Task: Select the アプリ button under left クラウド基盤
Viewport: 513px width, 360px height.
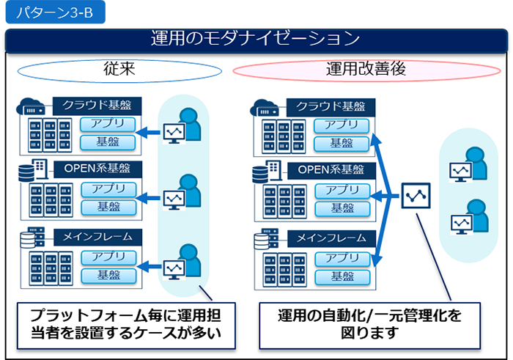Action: (x=108, y=123)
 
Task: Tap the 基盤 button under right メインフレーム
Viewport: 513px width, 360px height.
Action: (x=342, y=276)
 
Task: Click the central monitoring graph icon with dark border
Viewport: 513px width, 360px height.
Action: (x=417, y=196)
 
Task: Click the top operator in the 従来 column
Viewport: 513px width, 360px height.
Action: (x=183, y=126)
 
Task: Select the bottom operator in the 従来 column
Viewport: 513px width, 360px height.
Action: (x=183, y=262)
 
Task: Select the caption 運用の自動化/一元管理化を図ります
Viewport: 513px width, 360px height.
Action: (x=369, y=325)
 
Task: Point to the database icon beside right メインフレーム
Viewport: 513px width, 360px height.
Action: (x=262, y=240)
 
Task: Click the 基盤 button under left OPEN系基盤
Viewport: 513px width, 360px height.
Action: (x=108, y=207)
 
